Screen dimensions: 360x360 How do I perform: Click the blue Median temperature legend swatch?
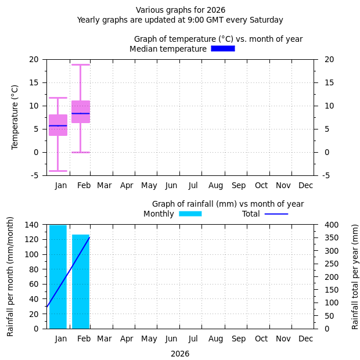[x=223, y=49]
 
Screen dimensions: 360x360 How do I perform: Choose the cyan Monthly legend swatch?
[x=190, y=214]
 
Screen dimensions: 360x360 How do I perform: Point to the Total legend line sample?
[x=276, y=214]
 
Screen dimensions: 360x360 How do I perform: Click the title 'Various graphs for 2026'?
[x=181, y=10]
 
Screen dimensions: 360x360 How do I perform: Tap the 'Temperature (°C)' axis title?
[x=15, y=117]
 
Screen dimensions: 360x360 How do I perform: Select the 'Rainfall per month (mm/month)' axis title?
[x=10, y=276]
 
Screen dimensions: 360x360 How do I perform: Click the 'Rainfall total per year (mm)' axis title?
[x=355, y=276]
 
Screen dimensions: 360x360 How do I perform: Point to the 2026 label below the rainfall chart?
[x=180, y=354]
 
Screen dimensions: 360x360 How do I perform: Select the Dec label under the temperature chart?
[x=305, y=185]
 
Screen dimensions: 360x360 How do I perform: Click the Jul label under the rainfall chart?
[x=193, y=339]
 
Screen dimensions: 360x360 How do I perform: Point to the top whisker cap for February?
[x=81, y=64]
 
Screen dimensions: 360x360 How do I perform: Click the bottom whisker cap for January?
[x=58, y=171]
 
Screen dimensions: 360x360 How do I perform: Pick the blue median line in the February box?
[x=81, y=113]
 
